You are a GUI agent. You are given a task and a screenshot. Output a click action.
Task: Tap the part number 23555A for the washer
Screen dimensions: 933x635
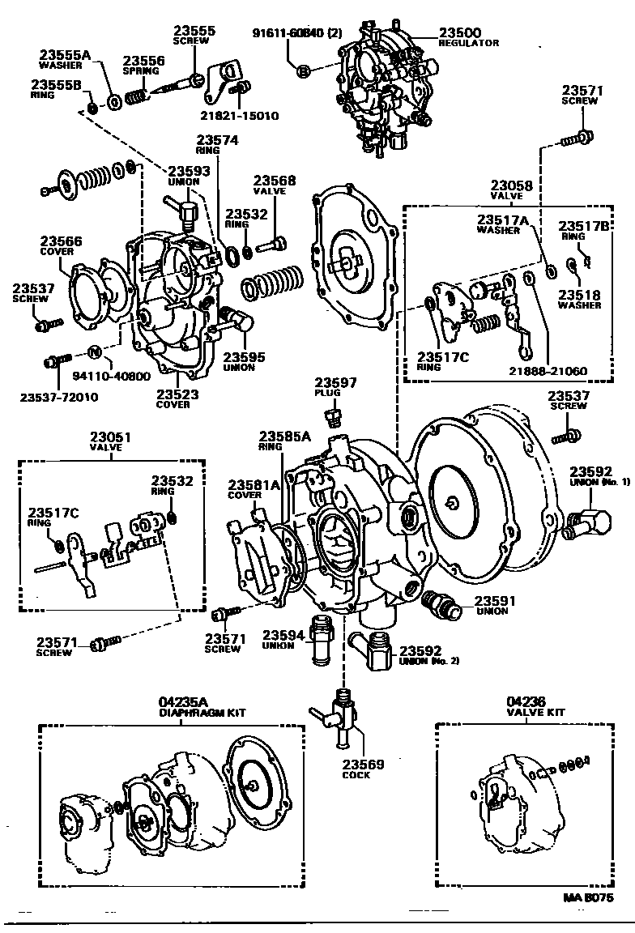(64, 55)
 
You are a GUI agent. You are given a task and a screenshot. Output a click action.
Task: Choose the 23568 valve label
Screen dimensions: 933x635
(275, 181)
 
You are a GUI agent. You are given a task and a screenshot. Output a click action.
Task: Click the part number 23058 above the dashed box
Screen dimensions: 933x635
(512, 185)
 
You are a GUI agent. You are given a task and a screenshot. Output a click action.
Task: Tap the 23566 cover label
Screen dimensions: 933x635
(62, 241)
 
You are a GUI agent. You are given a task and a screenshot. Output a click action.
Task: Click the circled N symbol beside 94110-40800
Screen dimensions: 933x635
(93, 351)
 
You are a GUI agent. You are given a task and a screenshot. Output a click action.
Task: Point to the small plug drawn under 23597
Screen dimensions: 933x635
(330, 418)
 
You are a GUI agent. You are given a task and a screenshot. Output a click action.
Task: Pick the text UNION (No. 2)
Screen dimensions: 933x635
(429, 661)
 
